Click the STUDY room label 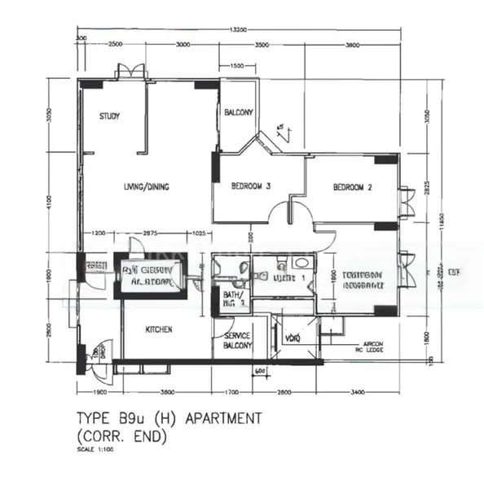click(x=109, y=116)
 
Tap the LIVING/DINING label click(x=146, y=188)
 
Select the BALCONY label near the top click(x=238, y=112)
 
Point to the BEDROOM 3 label click(x=250, y=186)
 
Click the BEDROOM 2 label click(x=352, y=188)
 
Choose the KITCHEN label click(x=159, y=330)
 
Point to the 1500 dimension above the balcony click(x=236, y=65)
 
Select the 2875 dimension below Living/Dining click(x=151, y=234)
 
